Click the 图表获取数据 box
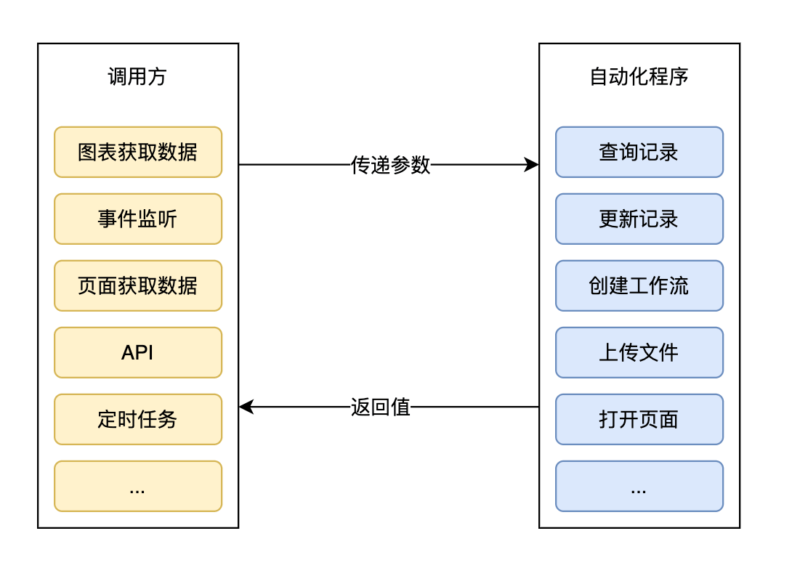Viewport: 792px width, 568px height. (137, 152)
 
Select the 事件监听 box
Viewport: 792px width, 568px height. (137, 219)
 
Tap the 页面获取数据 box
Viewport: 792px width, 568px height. (137, 285)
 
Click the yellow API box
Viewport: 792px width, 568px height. (137, 352)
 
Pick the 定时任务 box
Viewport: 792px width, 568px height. (137, 419)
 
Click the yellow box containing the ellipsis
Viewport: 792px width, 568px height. (137, 486)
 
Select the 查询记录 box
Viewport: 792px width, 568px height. (639, 152)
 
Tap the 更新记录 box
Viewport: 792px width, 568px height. (639, 219)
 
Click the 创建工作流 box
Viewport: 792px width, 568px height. (639, 285)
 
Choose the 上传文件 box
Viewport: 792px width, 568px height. (639, 352)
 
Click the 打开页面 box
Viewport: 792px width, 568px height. (639, 419)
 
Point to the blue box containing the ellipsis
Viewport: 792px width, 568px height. (639, 486)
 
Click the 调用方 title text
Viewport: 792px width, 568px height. (137, 77)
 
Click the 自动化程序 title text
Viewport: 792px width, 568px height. (639, 77)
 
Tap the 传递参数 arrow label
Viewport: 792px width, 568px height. (390, 165)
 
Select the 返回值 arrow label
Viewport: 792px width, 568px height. (381, 407)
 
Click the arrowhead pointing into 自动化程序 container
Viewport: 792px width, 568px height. (533, 165)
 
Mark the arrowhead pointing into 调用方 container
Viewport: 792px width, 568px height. (246, 407)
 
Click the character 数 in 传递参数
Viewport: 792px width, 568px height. (421, 165)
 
